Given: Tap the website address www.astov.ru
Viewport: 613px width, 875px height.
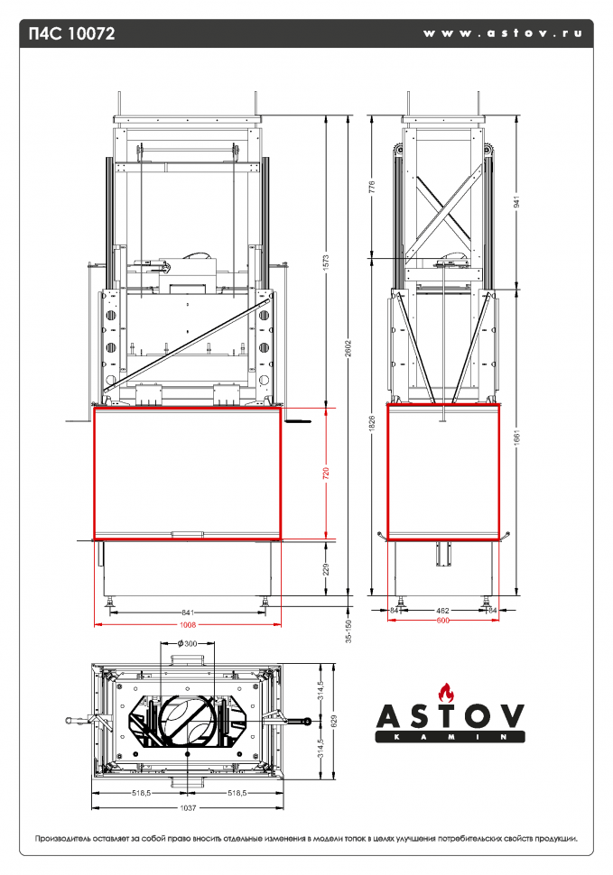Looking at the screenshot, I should (502, 33).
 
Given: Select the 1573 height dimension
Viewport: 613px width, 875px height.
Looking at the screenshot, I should (326, 261).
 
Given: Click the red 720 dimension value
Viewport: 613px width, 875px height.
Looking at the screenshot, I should (326, 473).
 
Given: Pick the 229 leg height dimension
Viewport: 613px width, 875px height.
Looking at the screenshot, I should (326, 568).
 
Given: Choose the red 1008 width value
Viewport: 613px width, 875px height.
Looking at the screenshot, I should (188, 623).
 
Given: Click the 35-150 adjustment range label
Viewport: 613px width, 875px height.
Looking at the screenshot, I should (348, 631).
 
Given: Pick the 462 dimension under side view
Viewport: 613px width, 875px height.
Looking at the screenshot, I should (443, 611).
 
